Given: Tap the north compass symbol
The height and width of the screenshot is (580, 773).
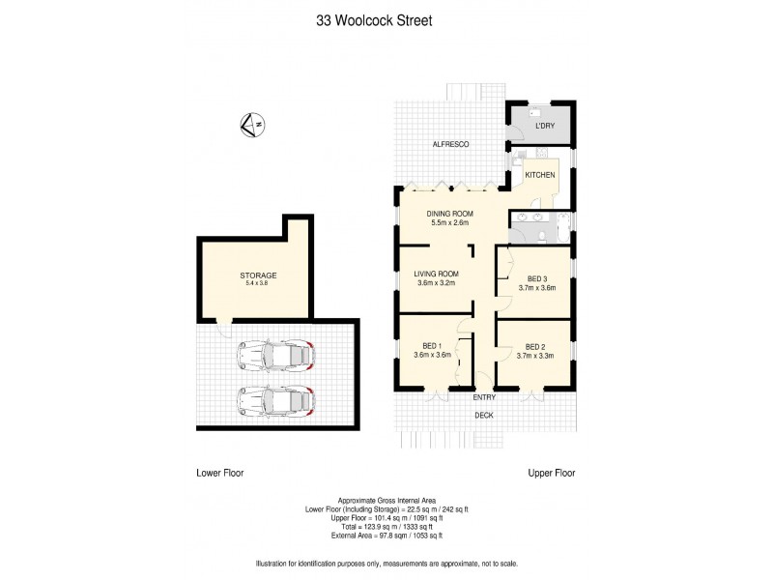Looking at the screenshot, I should [x=251, y=124].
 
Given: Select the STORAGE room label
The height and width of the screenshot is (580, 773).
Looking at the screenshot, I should [x=258, y=275].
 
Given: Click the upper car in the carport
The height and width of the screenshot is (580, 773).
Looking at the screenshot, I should [x=277, y=356].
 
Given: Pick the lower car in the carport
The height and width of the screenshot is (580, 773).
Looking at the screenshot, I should [x=277, y=398].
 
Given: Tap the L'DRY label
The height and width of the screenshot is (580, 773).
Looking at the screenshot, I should [x=545, y=127].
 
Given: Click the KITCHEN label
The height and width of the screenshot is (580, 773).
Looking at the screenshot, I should [x=539, y=175].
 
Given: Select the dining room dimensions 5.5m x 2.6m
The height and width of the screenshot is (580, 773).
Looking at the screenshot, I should [x=449, y=223].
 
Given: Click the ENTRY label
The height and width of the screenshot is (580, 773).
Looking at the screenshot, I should [x=484, y=397].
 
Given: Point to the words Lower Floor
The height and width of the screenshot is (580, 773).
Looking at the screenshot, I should [x=219, y=474].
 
